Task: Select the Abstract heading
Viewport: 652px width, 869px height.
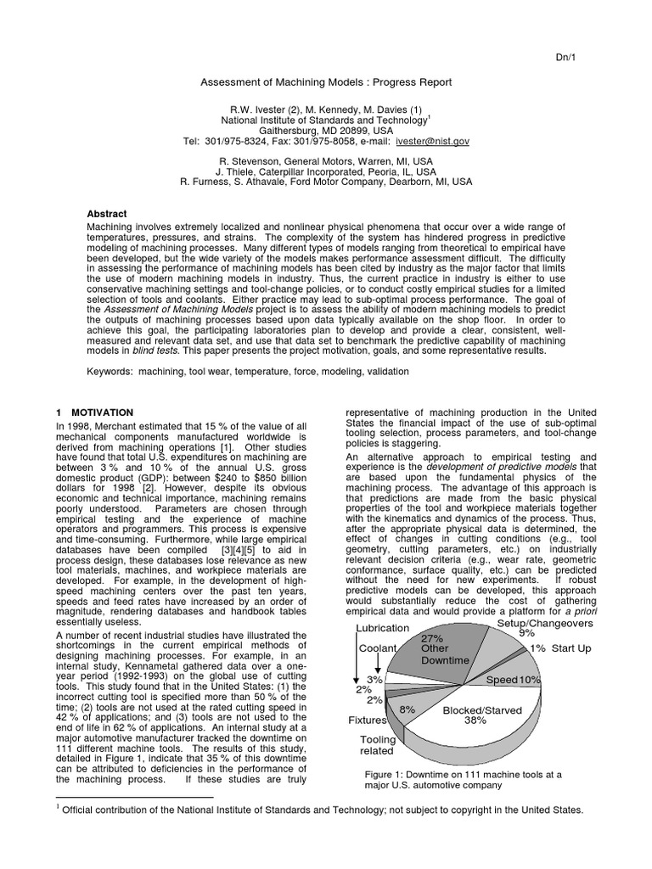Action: (108, 214)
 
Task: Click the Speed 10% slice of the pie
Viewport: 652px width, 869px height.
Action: (513, 680)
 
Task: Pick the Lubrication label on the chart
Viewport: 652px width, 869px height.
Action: (381, 628)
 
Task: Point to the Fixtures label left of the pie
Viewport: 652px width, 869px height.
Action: (366, 720)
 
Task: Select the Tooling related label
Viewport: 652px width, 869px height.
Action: (378, 744)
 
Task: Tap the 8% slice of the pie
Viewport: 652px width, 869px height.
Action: (407, 708)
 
